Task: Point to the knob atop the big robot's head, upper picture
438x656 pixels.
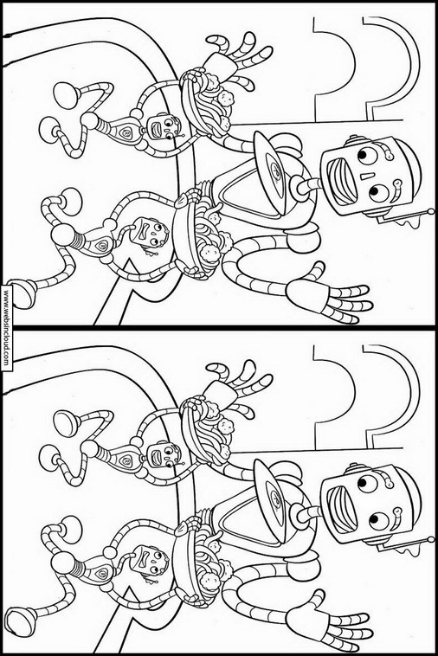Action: (x=353, y=139)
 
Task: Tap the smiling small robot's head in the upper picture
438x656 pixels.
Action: (x=164, y=126)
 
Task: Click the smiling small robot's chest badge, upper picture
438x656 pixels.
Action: (x=126, y=133)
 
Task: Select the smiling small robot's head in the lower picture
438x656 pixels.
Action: (x=164, y=454)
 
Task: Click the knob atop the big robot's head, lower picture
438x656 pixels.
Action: (x=353, y=467)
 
